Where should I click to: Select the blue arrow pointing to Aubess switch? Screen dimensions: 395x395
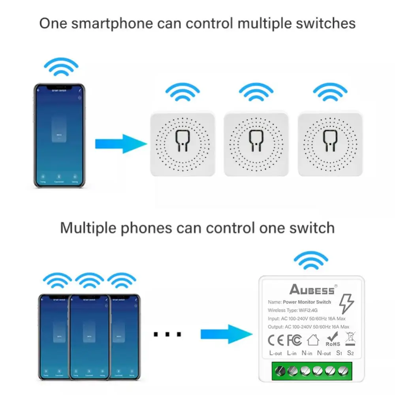pos(226,334)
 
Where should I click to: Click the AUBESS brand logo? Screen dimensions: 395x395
pos(312,290)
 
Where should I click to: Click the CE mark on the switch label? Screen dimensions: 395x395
pos(276,340)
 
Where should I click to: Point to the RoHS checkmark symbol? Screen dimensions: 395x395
pos(332,339)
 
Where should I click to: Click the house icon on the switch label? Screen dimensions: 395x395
pos(313,340)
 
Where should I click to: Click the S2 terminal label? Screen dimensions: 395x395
pos(350,353)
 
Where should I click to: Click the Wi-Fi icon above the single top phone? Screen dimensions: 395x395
pos(61,67)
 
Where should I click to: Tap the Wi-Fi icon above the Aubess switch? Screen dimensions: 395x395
pos(311,261)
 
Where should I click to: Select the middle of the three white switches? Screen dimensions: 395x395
pos(256,144)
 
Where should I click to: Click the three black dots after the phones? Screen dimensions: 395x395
pos(167,335)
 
